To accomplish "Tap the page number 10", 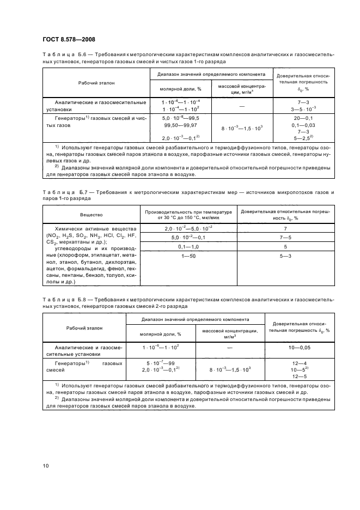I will [x=46, y=465].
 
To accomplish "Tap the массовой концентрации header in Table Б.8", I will [x=229, y=331].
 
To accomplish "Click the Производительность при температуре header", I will [x=188, y=211].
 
